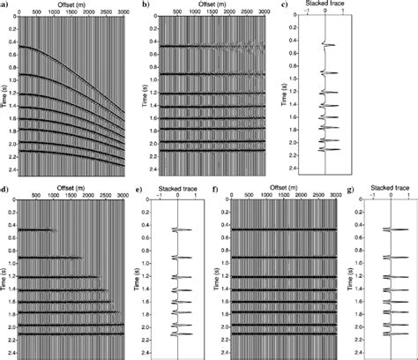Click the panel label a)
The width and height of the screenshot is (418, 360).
[x=4, y=5]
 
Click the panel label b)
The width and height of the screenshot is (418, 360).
[x=146, y=5]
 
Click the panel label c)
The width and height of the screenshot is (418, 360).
[x=282, y=6]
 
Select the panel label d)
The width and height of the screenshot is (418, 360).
[x=4, y=187]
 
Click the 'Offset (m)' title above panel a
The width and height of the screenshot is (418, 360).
[x=74, y=5]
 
